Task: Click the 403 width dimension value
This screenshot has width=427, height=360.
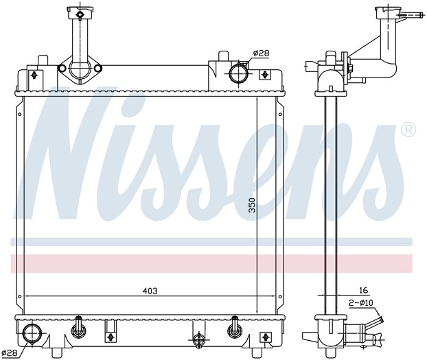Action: coord(150,291)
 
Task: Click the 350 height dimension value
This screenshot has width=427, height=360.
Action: coord(253,205)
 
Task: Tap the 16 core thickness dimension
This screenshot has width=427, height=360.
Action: coord(363,290)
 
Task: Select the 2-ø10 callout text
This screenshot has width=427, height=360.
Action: coord(361,303)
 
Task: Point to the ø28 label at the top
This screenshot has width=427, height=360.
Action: coord(261,53)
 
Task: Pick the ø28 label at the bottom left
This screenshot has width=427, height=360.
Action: coord(9,353)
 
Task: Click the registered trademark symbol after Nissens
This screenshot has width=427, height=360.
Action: coord(408,130)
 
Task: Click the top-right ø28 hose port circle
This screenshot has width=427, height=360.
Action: coord(238,73)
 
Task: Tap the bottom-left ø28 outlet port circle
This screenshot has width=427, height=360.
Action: coord(32,334)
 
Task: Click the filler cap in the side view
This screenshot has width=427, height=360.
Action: coord(389,13)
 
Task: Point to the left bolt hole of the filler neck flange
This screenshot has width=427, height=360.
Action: coord(62,69)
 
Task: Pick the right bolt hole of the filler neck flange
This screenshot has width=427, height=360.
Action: coord(97,68)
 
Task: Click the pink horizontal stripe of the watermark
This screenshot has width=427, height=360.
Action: coord(211,263)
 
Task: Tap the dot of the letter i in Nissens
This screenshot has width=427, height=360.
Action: coord(128,103)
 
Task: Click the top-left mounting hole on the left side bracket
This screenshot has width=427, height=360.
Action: coord(20,115)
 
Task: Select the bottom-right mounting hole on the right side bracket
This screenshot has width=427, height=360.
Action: coord(280,297)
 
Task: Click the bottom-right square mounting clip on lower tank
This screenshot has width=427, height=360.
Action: coord(265,337)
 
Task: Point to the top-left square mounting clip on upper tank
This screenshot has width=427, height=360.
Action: coord(34,75)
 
